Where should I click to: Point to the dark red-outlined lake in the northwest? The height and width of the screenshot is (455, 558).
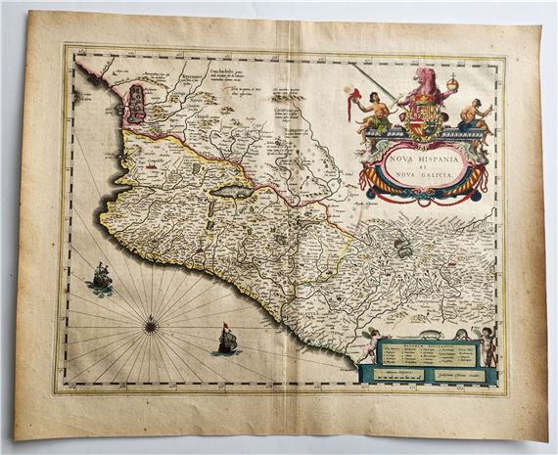click(138, 99)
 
